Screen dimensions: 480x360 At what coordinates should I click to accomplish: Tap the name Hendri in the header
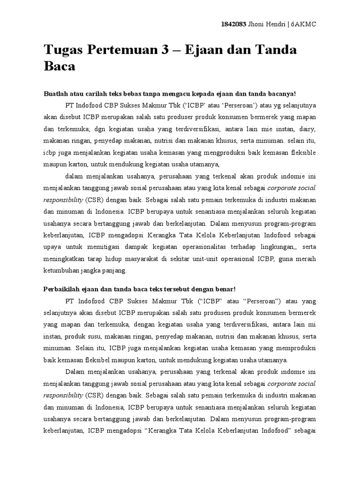(273, 25)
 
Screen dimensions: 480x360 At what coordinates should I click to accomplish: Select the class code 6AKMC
(303, 25)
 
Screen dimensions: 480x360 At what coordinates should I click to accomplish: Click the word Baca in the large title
(60, 67)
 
